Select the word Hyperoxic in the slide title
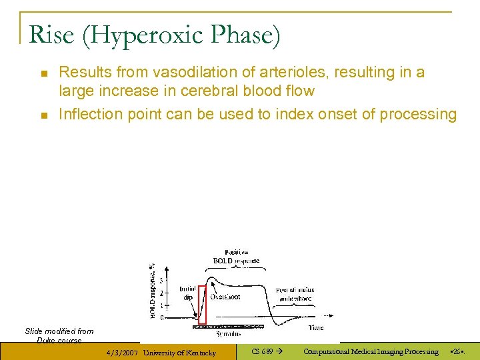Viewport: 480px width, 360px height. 145,35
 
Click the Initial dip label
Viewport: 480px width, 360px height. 187,294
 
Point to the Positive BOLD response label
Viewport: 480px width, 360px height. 236,257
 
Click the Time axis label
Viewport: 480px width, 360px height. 316,327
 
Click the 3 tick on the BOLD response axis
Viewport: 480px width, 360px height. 161,281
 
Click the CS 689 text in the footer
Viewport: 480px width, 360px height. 262,351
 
